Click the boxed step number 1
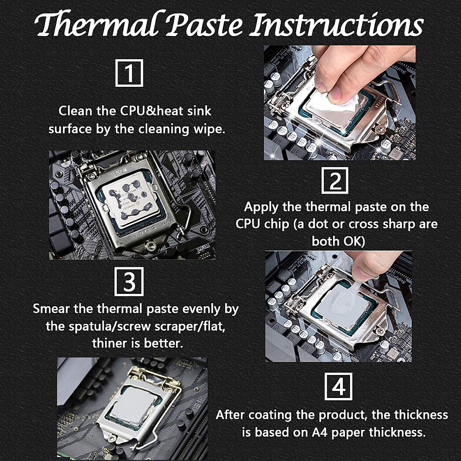(x=129, y=73)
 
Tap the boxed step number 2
(x=335, y=180)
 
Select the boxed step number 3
(x=129, y=282)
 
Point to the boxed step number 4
(x=338, y=386)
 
